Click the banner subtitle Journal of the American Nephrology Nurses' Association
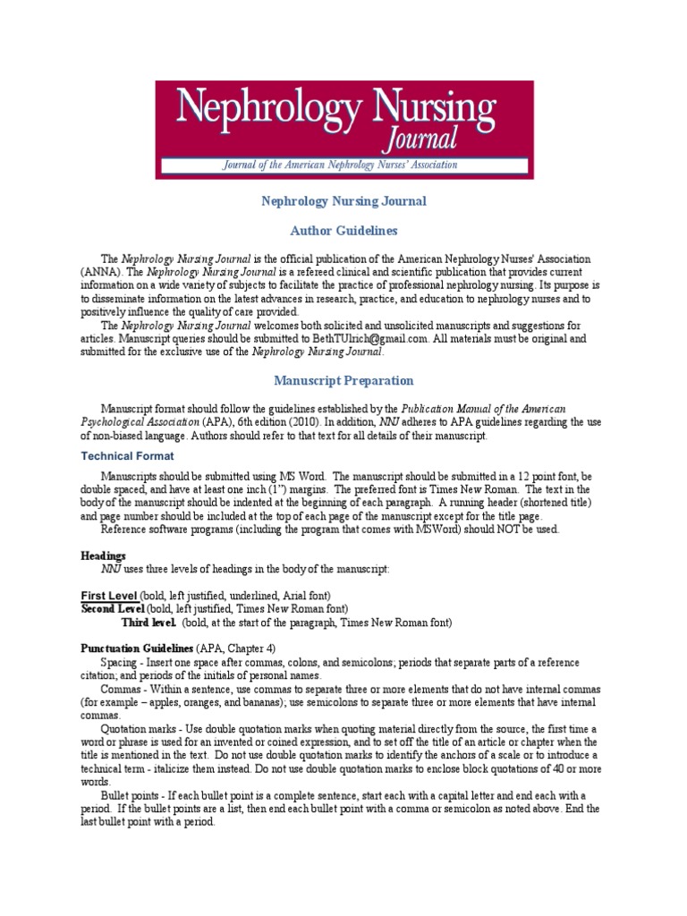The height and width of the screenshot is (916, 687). pyautogui.click(x=340, y=165)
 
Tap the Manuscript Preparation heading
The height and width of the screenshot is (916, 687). pyautogui.click(x=343, y=380)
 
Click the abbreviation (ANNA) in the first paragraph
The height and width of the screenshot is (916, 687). pyautogui.click(x=99, y=271)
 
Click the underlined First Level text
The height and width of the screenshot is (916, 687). pyautogui.click(x=109, y=595)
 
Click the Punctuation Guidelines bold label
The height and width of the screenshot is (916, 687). pyautogui.click(x=134, y=648)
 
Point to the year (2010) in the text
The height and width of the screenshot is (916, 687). pyautogui.click(x=301, y=421)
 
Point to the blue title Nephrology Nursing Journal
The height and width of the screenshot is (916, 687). pyautogui.click(x=343, y=201)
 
